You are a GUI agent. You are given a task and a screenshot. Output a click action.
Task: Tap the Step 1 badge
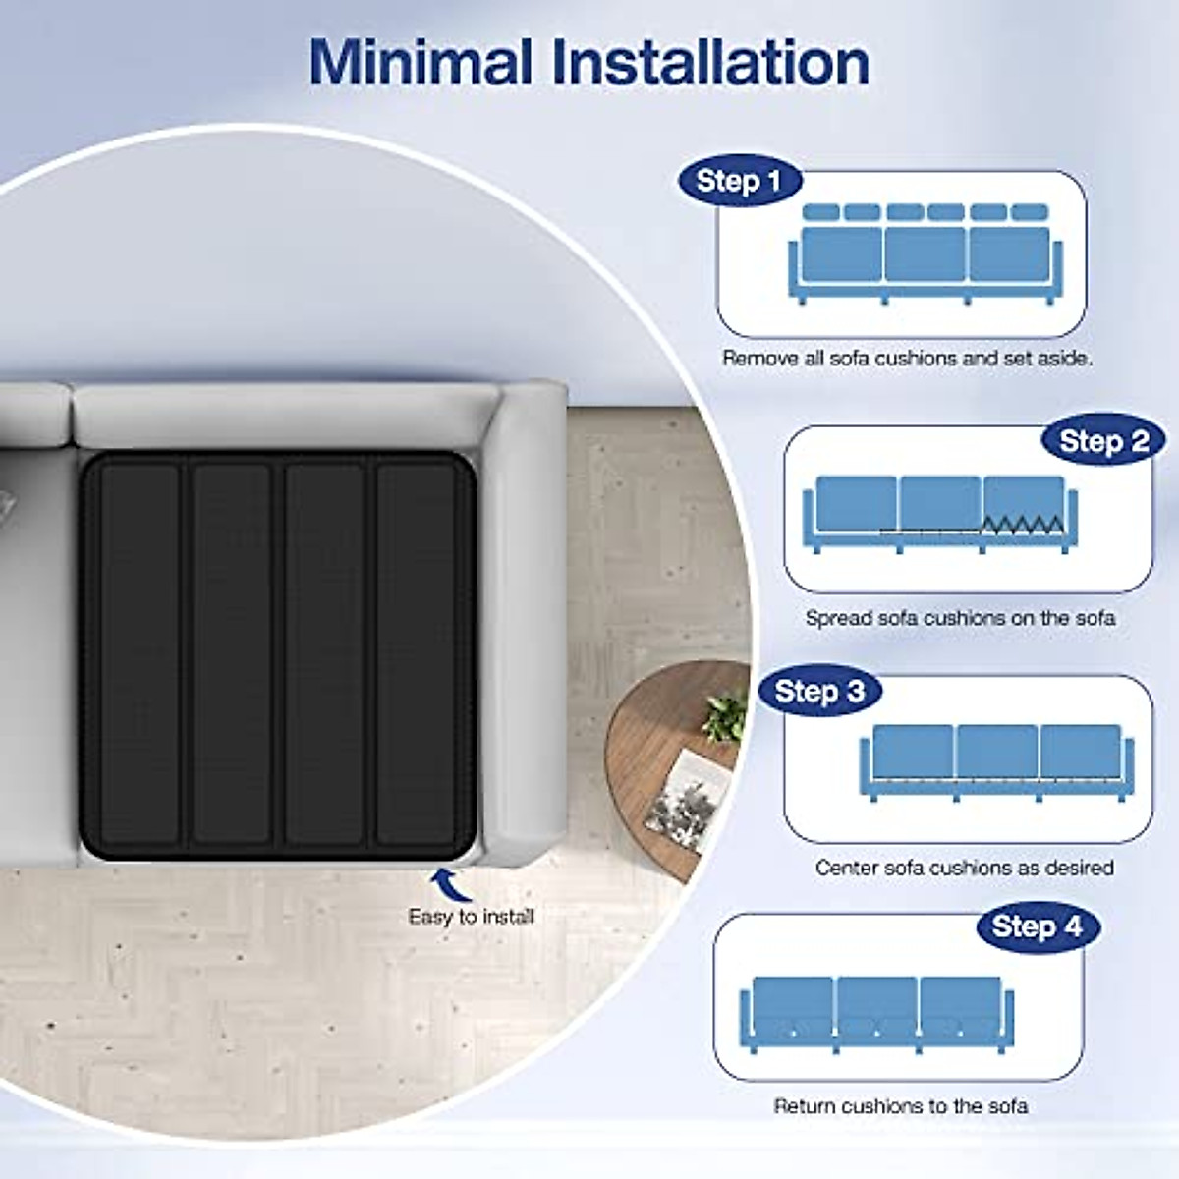pyautogui.click(x=738, y=181)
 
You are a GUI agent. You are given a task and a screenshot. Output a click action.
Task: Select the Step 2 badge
pyautogui.click(x=1103, y=441)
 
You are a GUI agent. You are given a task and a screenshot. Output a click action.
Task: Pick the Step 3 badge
pyautogui.click(x=819, y=691)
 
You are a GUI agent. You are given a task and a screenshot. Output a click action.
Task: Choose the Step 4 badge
pyautogui.click(x=1037, y=926)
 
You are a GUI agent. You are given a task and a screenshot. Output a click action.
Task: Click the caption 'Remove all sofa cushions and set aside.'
pyautogui.click(x=907, y=359)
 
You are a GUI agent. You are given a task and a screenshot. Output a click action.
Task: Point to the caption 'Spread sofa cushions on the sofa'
pyautogui.click(x=960, y=618)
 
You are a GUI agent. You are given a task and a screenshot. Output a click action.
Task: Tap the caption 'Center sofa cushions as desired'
pyautogui.click(x=964, y=868)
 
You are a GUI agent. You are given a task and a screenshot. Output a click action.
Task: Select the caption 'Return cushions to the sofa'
pyautogui.click(x=900, y=1106)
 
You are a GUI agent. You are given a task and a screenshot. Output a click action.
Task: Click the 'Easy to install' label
pyautogui.click(x=471, y=917)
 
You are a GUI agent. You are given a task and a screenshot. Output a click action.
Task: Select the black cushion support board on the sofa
pyautogui.click(x=279, y=654)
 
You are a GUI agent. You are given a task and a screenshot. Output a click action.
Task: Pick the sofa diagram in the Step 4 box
pyautogui.click(x=876, y=1012)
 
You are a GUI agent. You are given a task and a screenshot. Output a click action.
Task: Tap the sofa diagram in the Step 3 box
pyautogui.click(x=996, y=762)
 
